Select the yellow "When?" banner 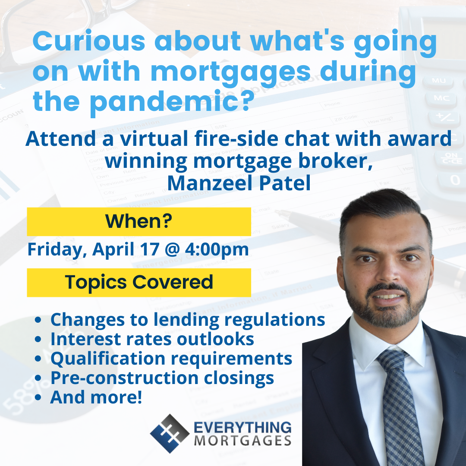[139, 221]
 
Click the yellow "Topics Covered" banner [139, 282]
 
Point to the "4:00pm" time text [217, 250]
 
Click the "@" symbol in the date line [172, 249]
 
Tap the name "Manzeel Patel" [239, 183]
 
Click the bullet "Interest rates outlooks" [152, 339]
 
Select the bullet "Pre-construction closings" [162, 378]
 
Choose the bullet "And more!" [96, 397]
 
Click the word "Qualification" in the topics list [108, 359]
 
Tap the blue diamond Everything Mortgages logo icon [170, 434]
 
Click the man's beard [386, 309]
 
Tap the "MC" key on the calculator [441, 98]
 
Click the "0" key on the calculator [455, 180]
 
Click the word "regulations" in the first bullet [274, 320]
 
